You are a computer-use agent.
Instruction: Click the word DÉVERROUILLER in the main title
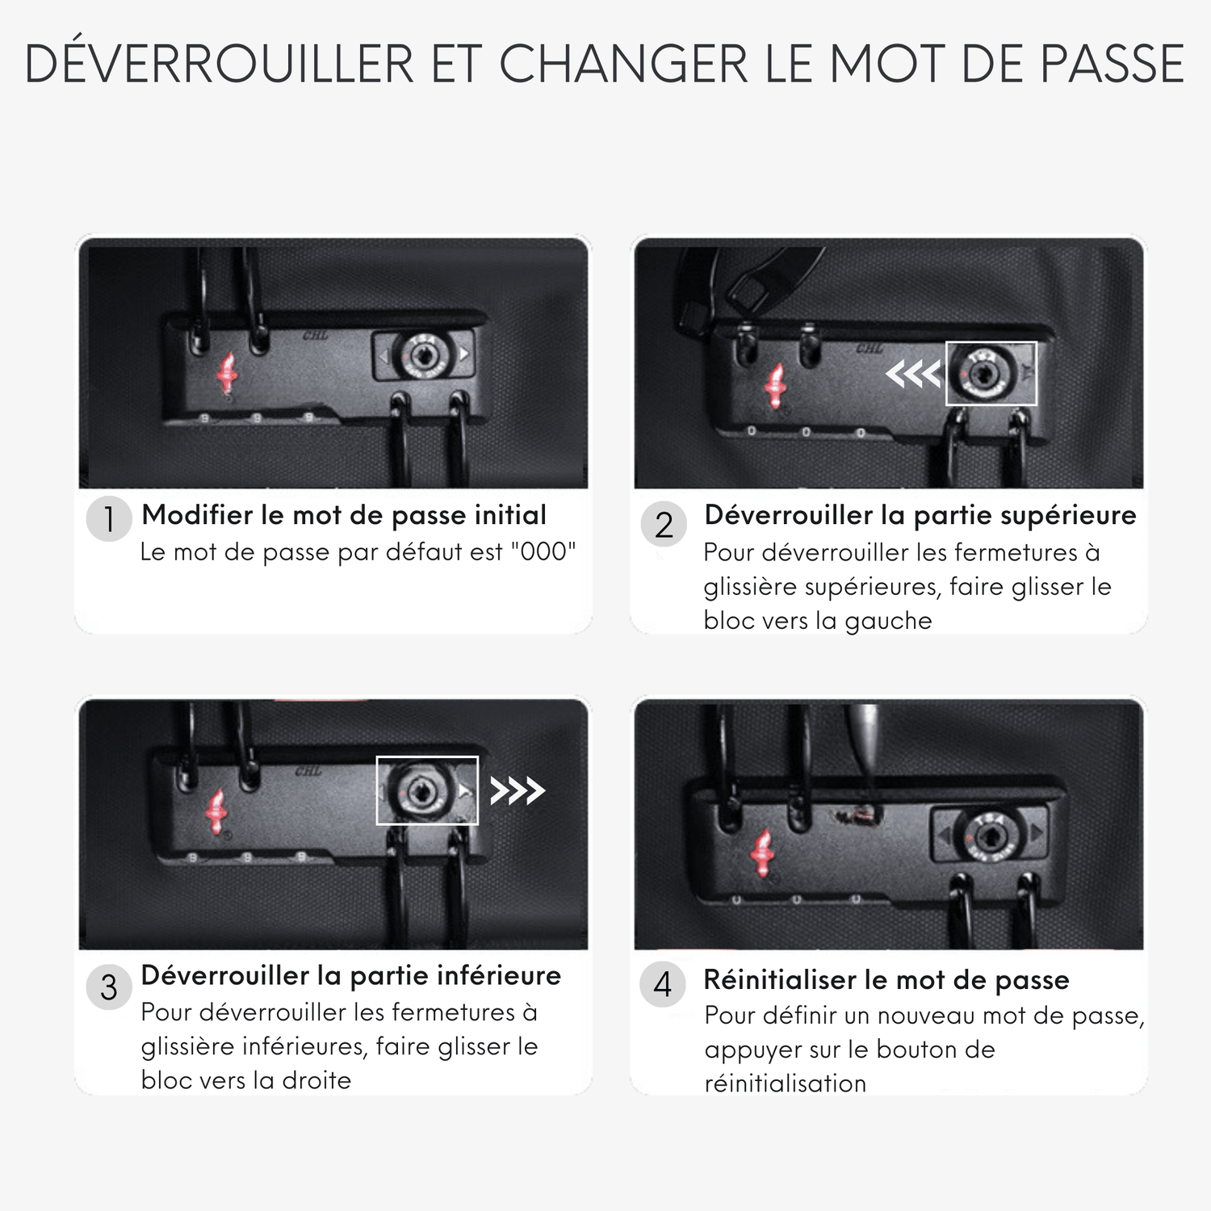(x=220, y=64)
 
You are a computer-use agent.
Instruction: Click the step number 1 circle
(x=109, y=519)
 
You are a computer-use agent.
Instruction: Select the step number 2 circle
(x=664, y=525)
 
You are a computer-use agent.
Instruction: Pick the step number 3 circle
(x=109, y=987)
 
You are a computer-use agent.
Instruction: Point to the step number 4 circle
(x=663, y=985)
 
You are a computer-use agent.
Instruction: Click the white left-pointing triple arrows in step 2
(x=914, y=374)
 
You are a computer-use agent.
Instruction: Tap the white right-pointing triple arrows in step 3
(x=518, y=790)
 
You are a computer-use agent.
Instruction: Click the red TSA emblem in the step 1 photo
(x=227, y=373)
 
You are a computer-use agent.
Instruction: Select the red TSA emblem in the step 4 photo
(x=762, y=853)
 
